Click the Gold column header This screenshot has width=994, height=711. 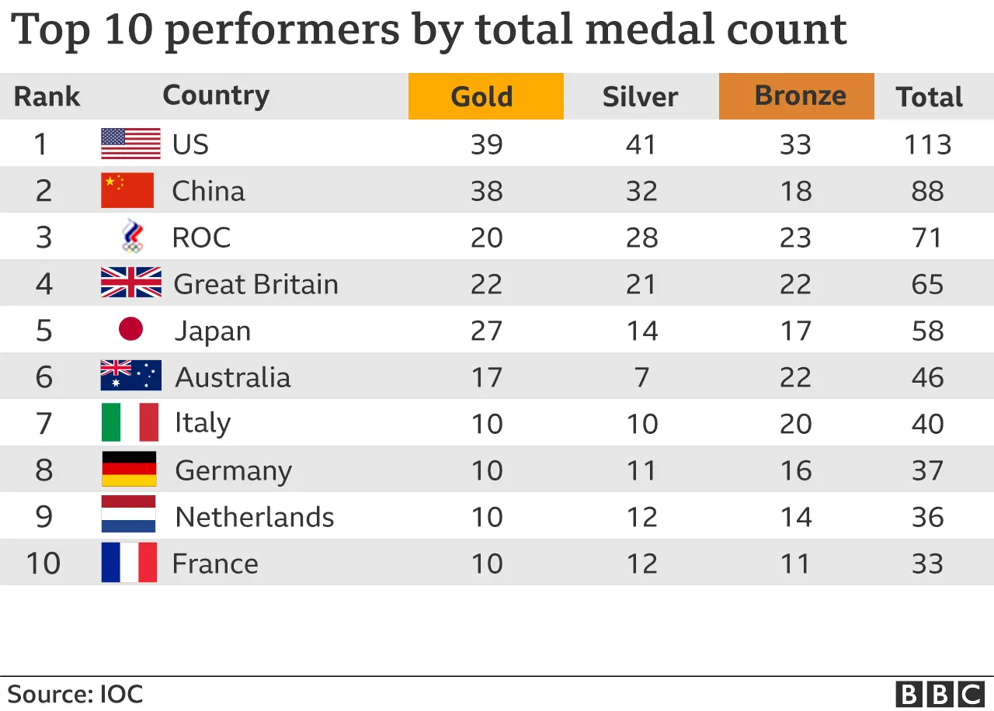[485, 97]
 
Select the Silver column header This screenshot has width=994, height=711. [640, 97]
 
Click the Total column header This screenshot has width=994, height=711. [929, 97]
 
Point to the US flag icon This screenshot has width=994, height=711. [130, 144]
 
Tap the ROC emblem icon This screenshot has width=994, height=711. [132, 237]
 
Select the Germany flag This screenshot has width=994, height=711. [129, 470]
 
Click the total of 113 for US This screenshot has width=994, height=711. [928, 144]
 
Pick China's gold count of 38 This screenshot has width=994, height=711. [487, 191]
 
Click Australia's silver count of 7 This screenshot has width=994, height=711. [641, 377]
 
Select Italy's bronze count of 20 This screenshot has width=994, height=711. [796, 424]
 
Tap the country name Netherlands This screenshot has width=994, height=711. [255, 517]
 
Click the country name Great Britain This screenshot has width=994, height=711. [255, 284]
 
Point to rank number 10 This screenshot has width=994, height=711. [43, 564]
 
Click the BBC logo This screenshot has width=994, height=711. [939, 693]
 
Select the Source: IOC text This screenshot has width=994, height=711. [75, 693]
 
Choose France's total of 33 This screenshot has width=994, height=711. [928, 564]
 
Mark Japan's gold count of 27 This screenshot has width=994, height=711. [487, 331]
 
